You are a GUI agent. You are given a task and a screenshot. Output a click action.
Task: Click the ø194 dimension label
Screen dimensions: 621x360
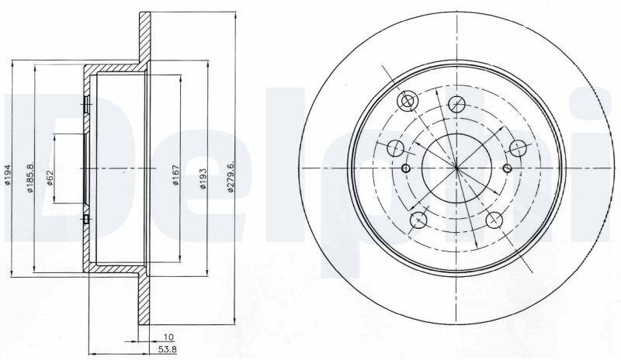coord(7,175)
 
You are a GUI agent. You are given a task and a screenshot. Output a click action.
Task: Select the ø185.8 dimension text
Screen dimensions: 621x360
coord(30,178)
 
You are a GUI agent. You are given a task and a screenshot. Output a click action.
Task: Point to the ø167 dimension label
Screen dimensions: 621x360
coord(177,175)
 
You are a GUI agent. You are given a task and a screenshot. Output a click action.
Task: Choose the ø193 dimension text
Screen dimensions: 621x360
coord(203,178)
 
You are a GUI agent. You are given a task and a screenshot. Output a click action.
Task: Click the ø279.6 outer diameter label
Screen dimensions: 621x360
coord(231,176)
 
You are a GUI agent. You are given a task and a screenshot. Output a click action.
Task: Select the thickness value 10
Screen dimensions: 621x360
coord(168,337)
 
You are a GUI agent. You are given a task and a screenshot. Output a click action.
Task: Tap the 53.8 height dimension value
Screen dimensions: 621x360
coord(167,349)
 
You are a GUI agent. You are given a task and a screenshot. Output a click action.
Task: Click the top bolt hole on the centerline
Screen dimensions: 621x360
coord(456,104)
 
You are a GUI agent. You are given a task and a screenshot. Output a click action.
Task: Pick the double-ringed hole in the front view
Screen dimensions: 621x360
coord(407,102)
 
